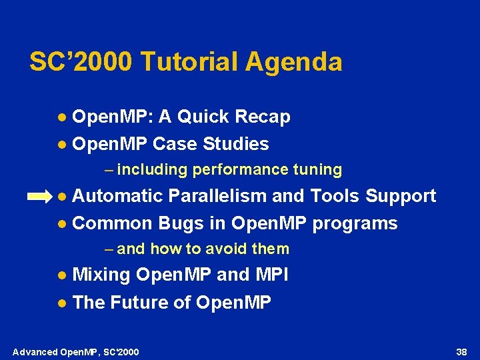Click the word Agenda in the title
click(294, 63)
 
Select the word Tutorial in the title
click(189, 62)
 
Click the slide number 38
click(461, 351)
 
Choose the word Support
click(401, 196)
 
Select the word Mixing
click(101, 275)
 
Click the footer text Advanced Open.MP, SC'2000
click(76, 351)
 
